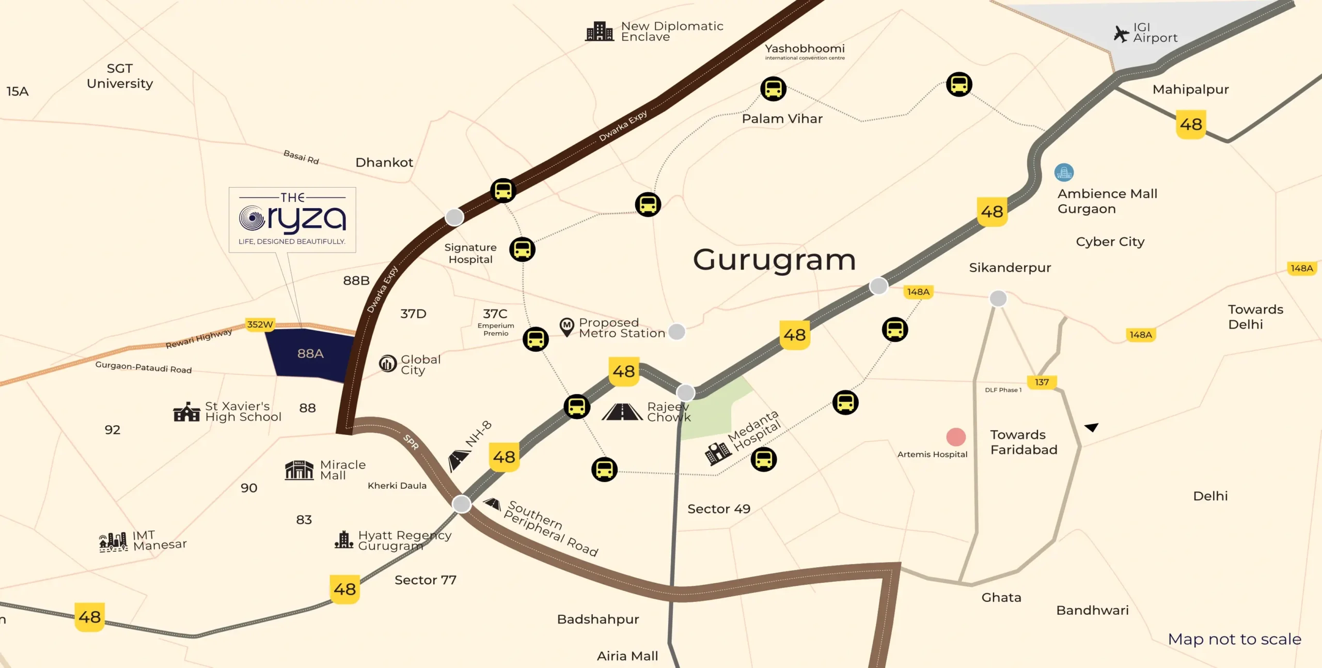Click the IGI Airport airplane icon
[x=1121, y=34]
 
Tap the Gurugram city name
[x=774, y=260]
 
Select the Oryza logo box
[x=292, y=220]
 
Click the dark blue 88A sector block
[x=310, y=354]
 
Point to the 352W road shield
[x=260, y=324]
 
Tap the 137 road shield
[x=1042, y=382]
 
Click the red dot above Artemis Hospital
[x=956, y=437]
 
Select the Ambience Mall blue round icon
[x=1064, y=173]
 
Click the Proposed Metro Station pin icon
[x=567, y=327]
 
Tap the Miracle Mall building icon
[x=299, y=470]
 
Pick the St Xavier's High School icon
[x=186, y=412]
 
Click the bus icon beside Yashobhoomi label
[x=773, y=89]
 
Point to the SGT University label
[x=120, y=76]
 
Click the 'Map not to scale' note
[x=1234, y=640]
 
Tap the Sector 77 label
[x=426, y=580]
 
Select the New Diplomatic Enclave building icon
[x=600, y=32]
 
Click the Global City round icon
[x=388, y=364]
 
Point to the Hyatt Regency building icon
[x=343, y=540]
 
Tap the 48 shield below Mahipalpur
[x=1191, y=125]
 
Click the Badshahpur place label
[x=598, y=619]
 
